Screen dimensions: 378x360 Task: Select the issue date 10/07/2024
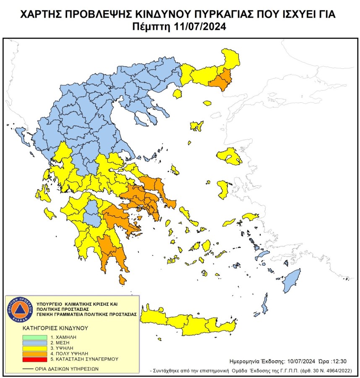(302, 361)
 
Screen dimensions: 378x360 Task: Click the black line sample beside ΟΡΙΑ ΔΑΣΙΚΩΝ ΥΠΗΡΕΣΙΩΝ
(28, 369)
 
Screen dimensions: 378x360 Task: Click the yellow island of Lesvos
(229, 156)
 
